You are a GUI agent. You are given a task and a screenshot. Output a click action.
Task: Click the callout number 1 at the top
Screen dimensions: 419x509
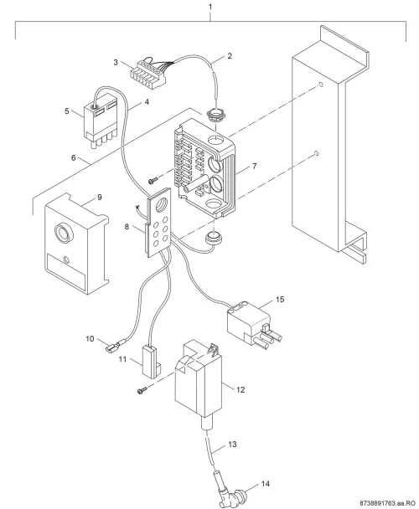pyautogui.click(x=210, y=7)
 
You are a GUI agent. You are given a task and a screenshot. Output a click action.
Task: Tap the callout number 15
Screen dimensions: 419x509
pyautogui.click(x=280, y=299)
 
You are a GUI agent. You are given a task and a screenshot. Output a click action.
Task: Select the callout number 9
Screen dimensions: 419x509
pyautogui.click(x=100, y=197)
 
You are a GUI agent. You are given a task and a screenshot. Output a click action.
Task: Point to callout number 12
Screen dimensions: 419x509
pyautogui.click(x=241, y=389)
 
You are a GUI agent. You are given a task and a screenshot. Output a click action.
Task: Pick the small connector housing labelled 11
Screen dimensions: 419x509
pyautogui.click(x=151, y=361)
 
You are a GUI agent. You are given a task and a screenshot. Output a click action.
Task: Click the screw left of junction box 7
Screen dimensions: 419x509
pyautogui.click(x=153, y=180)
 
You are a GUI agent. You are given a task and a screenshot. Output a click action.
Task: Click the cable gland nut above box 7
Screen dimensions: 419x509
pyautogui.click(x=212, y=114)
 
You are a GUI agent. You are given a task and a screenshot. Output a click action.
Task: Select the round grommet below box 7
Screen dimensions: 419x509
pyautogui.click(x=213, y=237)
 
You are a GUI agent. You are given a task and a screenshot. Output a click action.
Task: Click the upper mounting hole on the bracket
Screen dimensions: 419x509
pyautogui.click(x=320, y=85)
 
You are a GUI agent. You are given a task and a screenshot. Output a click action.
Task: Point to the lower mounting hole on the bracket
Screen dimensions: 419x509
pyautogui.click(x=317, y=153)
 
